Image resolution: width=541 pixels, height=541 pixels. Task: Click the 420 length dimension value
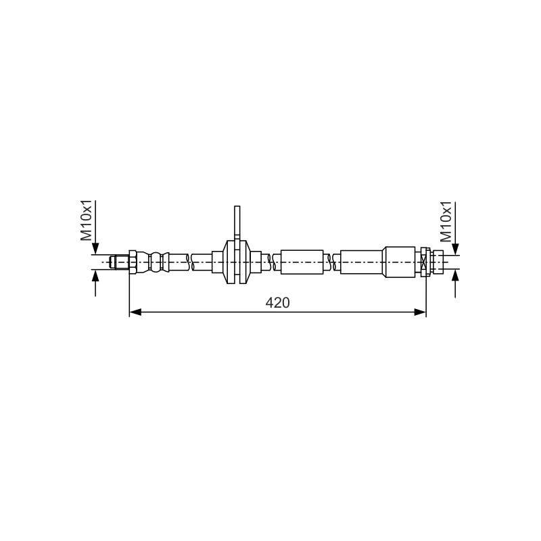(x=277, y=302)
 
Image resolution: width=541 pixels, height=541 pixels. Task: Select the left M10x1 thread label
(x=87, y=220)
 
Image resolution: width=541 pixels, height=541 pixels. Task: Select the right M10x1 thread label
(x=446, y=222)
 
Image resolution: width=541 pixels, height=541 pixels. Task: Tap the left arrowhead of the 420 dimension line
(x=135, y=312)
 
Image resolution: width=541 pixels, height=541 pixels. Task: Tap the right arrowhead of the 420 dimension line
(x=420, y=312)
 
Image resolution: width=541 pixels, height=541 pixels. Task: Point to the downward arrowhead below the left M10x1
(x=95, y=249)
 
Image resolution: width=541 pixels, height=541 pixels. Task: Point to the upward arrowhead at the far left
(x=95, y=276)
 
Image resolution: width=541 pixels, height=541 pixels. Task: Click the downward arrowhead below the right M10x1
(x=455, y=249)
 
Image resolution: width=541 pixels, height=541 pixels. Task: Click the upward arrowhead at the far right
(x=455, y=276)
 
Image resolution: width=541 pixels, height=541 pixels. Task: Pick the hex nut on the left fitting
(x=133, y=262)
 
